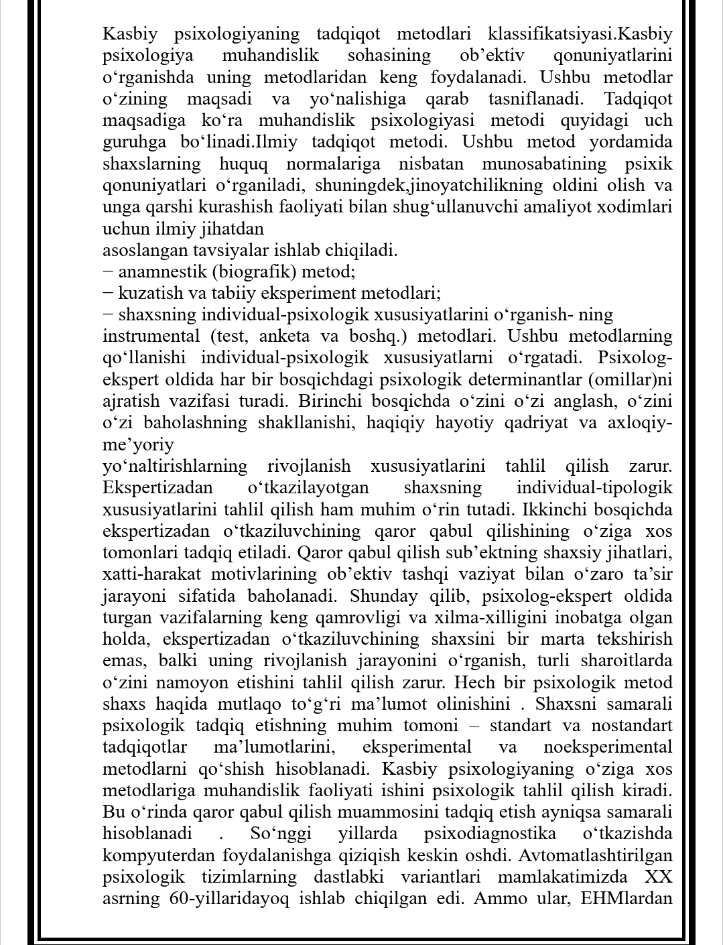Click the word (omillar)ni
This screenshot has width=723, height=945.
pos(631,380)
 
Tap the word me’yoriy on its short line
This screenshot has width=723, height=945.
pos(138,445)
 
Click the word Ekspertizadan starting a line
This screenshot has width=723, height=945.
pos(157,488)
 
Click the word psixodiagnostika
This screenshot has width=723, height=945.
pos(490,834)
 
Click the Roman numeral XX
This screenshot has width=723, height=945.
pos(659,877)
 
